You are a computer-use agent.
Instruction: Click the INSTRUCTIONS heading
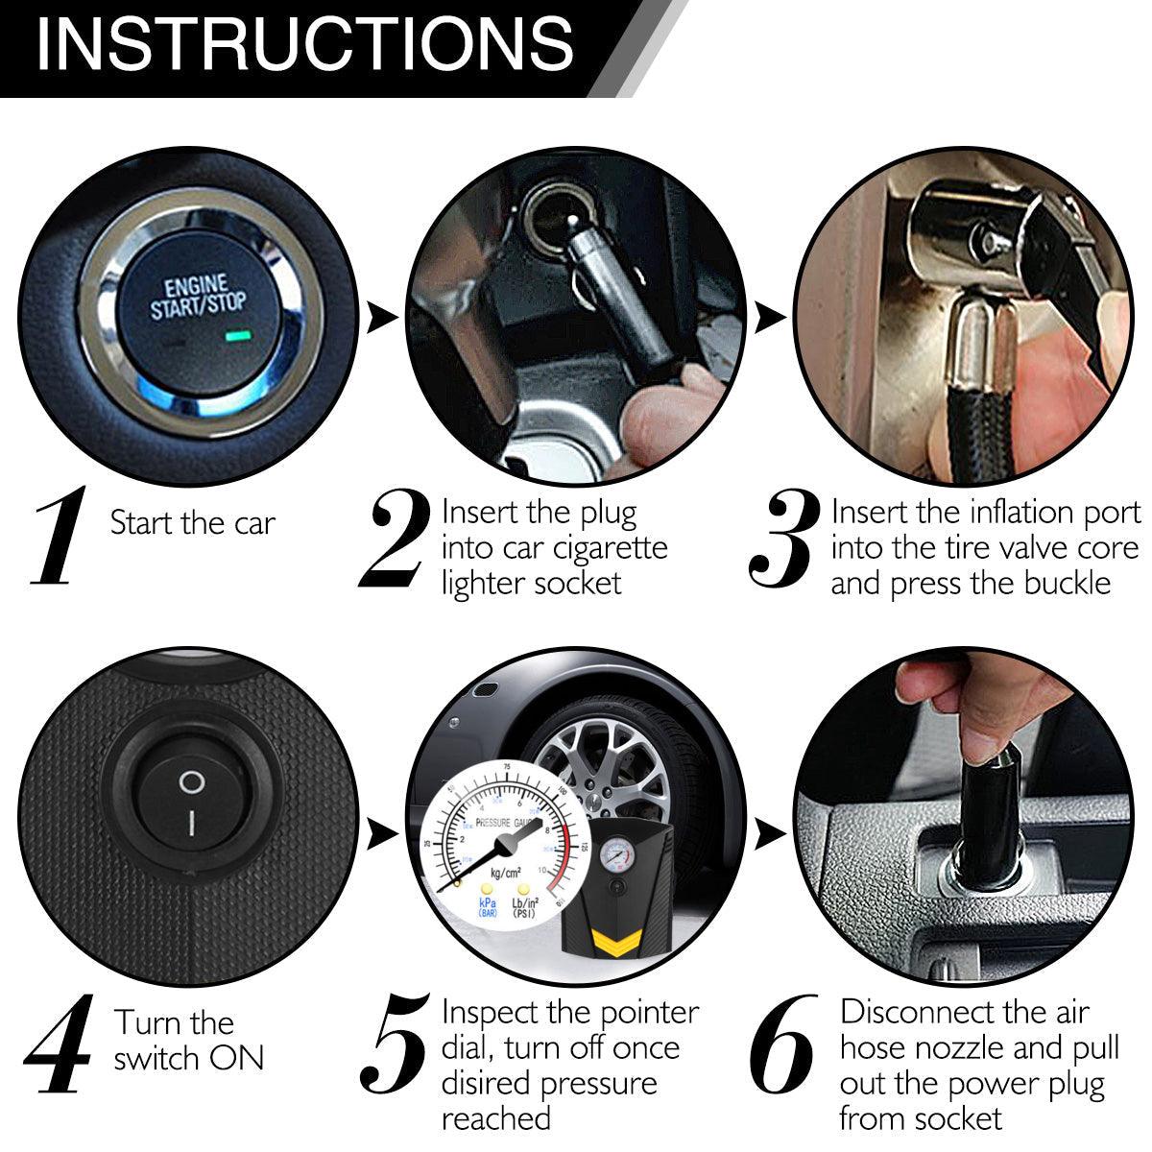click(305, 44)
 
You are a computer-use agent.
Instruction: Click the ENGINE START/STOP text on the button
click(198, 299)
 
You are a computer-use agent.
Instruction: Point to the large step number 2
click(395, 538)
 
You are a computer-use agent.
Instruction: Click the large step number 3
click(783, 539)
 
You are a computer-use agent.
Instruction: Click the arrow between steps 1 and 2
click(381, 318)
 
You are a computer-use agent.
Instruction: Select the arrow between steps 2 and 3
click(770, 318)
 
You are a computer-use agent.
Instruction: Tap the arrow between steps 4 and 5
click(381, 834)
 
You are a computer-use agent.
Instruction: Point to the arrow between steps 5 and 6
click(770, 834)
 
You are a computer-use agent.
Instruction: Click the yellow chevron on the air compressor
click(610, 942)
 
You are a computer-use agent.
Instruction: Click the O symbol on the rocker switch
click(192, 782)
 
